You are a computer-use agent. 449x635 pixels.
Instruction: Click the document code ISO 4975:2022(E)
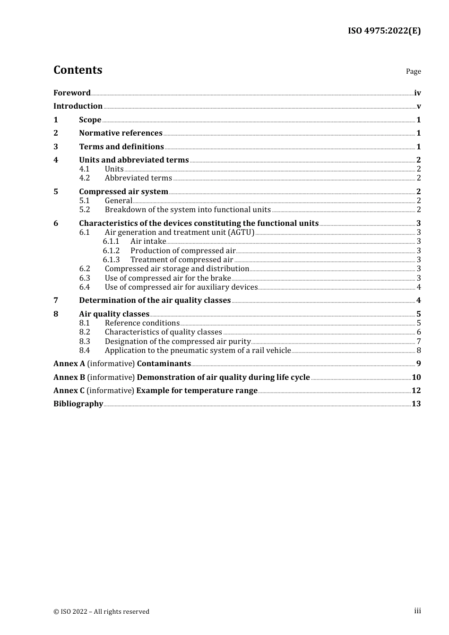click(384, 31)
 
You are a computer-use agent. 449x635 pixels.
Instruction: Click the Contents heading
click(78, 70)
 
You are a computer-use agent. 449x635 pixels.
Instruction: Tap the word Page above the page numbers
click(413, 71)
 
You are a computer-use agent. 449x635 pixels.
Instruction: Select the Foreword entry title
click(72, 93)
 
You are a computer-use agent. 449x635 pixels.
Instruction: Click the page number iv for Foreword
click(417, 93)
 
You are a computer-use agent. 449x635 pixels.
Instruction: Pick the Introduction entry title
click(78, 106)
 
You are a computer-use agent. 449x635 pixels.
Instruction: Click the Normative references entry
click(121, 133)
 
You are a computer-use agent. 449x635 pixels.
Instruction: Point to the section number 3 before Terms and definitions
click(56, 147)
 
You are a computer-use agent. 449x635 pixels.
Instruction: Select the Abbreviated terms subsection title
click(138, 178)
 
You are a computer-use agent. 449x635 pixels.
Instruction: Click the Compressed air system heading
click(123, 192)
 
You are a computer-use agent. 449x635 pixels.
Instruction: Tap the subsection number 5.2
click(85, 210)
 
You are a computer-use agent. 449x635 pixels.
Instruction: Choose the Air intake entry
click(148, 241)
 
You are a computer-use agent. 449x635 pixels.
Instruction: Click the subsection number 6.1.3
click(111, 260)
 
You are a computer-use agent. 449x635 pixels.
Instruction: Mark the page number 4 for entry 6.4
click(419, 287)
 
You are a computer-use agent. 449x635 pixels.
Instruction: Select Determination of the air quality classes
click(155, 300)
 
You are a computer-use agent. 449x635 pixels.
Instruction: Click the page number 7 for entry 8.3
click(419, 342)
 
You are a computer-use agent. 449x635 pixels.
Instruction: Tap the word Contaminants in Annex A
click(164, 364)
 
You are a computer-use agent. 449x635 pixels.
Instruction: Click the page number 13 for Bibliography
click(416, 404)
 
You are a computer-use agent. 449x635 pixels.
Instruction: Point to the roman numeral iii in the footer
click(417, 611)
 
